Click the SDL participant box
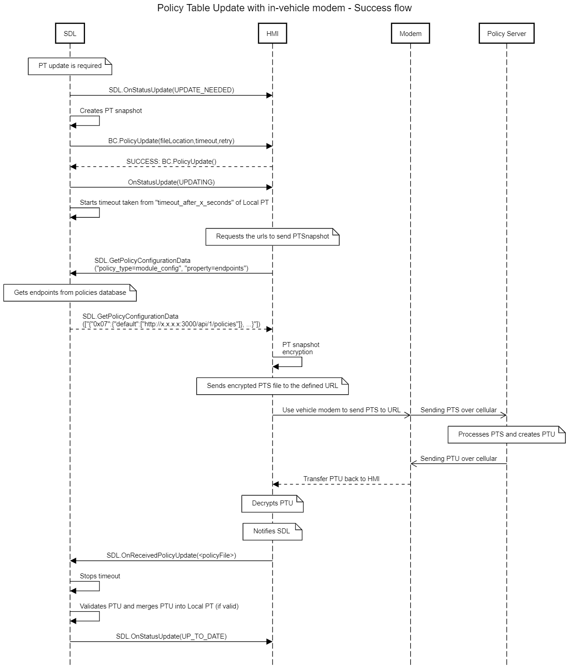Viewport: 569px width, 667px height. click(x=70, y=34)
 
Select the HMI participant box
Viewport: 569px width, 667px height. click(x=272, y=34)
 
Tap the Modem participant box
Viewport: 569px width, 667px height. click(x=410, y=34)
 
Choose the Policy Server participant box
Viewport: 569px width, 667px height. click(x=506, y=34)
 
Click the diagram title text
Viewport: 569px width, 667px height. click(x=284, y=8)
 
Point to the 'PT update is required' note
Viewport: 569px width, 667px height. click(x=70, y=66)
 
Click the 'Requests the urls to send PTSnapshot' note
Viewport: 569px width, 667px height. click(x=272, y=236)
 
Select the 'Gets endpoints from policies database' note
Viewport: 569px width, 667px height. click(x=70, y=293)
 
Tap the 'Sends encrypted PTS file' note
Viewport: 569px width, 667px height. click(x=272, y=386)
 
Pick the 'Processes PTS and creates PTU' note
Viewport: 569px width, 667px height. click(x=506, y=434)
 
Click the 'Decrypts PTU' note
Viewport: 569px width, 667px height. click(x=272, y=503)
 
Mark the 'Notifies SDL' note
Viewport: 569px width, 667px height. click(x=272, y=531)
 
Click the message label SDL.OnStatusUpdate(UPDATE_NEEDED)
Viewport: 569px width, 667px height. click(x=171, y=90)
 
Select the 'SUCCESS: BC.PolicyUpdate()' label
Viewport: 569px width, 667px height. click(x=171, y=161)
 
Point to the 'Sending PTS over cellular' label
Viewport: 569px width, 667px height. click(x=458, y=410)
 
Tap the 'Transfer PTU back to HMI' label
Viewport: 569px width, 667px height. click(x=341, y=479)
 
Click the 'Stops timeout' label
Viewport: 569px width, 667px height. click(x=100, y=576)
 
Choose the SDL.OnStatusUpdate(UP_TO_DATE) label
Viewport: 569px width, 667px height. click(x=171, y=636)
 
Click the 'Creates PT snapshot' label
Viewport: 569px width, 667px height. click(x=111, y=111)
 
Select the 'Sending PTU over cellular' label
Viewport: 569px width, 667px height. click(x=458, y=459)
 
